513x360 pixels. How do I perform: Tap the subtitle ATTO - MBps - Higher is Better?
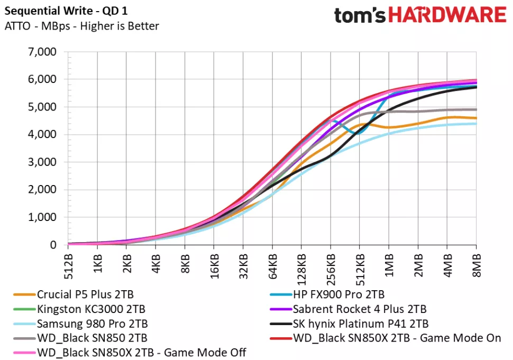81,26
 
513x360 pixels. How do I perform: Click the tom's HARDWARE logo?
420,15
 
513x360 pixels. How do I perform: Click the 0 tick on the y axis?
53,245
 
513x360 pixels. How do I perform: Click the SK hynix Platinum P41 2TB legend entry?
359,324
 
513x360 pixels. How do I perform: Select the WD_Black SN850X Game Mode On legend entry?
396,338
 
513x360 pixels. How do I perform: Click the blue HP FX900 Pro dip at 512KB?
359,133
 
